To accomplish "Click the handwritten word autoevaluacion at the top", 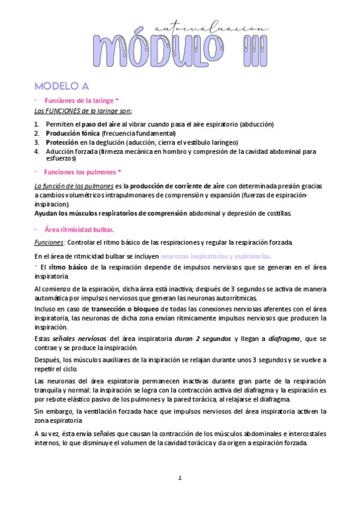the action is coord(209,28).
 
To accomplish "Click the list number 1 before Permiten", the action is coord(36,124).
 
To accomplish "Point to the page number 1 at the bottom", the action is coord(180,478).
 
